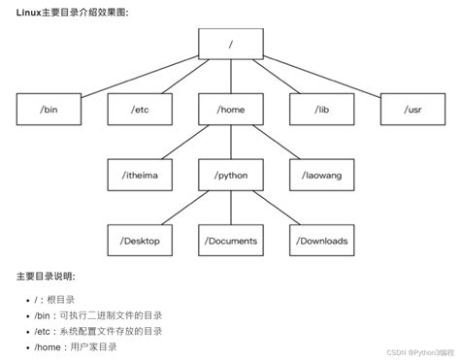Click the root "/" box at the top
click(229, 44)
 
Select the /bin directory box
click(49, 109)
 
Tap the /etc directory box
click(139, 109)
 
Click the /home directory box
click(229, 109)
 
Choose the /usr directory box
click(411, 109)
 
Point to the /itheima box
click(139, 174)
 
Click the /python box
click(229, 174)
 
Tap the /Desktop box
click(139, 239)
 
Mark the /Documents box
click(229, 239)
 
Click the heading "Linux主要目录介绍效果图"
click(72, 11)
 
